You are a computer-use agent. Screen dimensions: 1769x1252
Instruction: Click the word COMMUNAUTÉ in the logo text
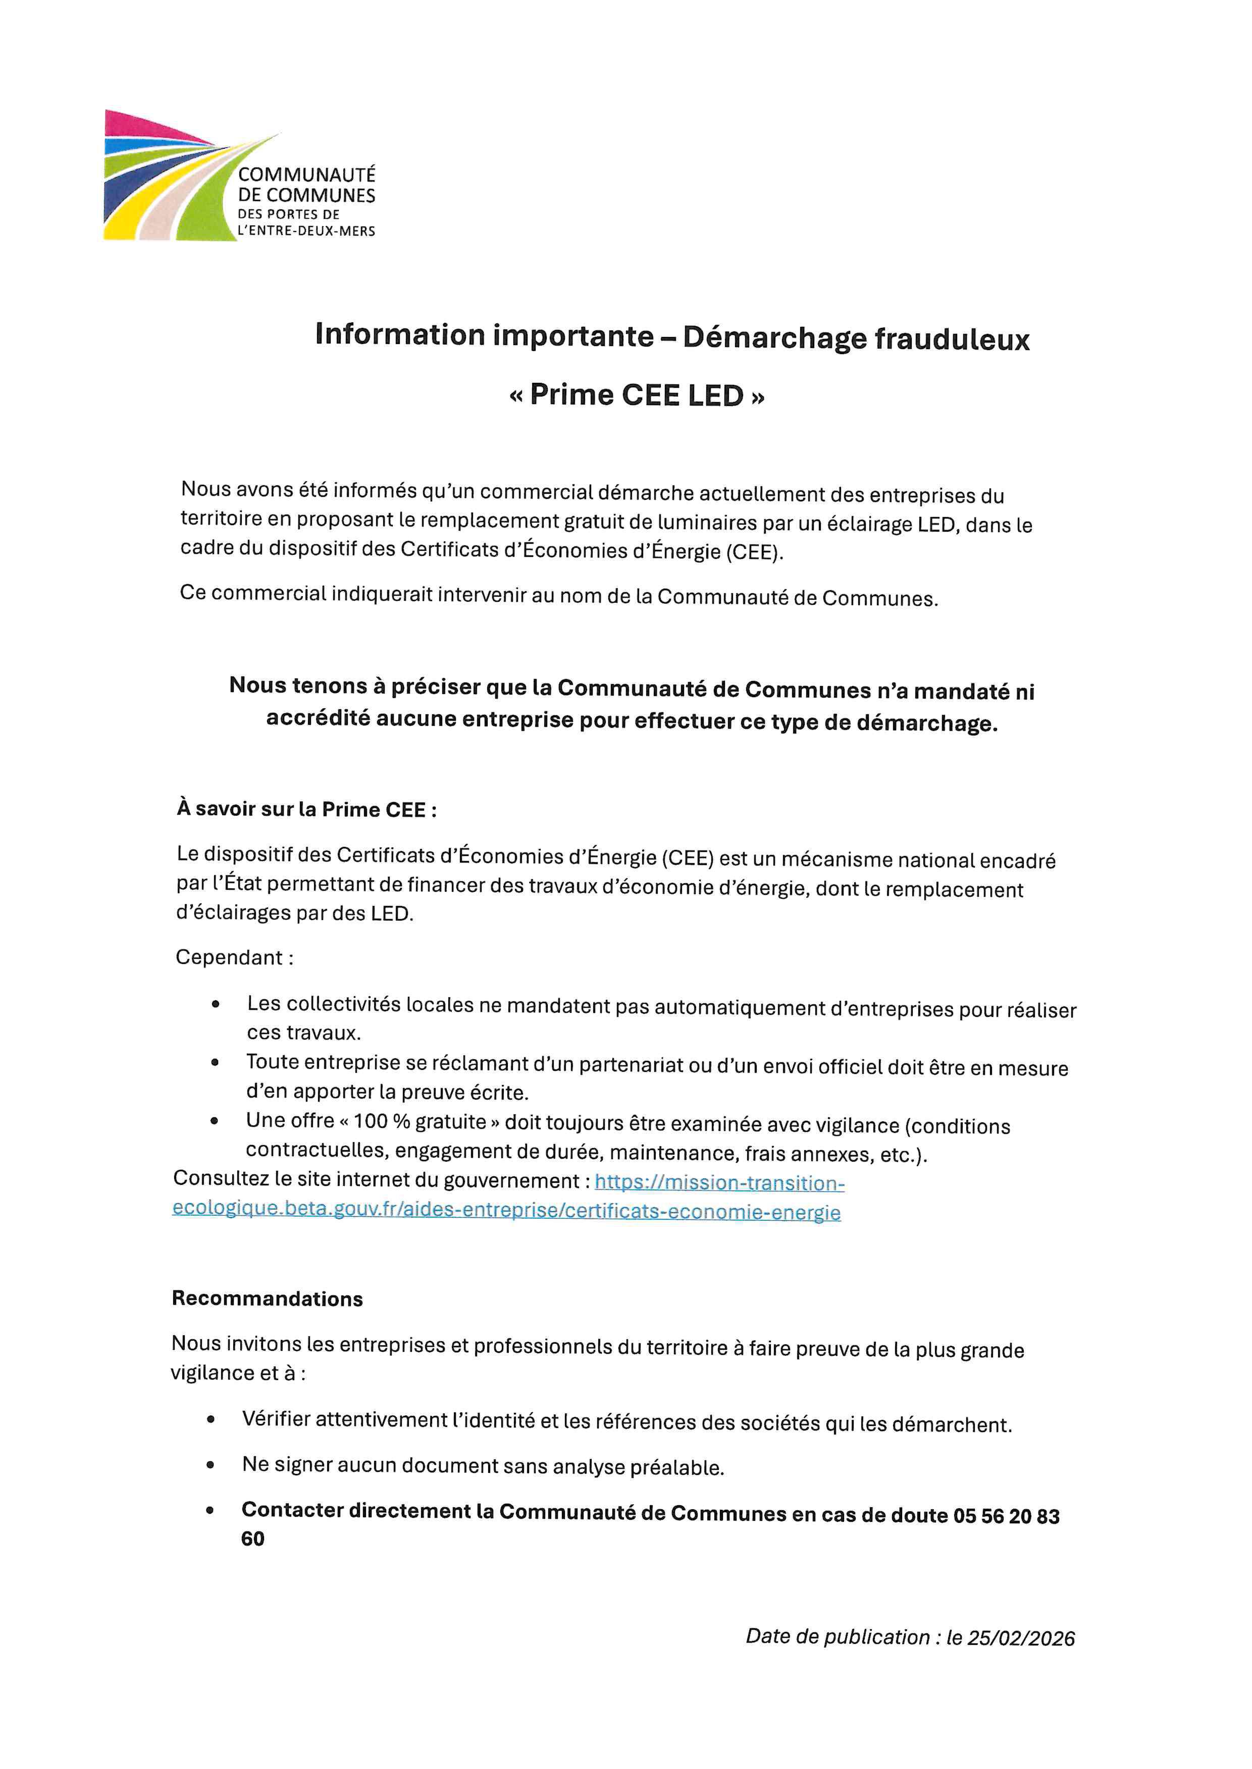pos(306,175)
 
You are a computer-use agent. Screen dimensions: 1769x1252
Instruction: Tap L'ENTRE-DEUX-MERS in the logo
pos(306,231)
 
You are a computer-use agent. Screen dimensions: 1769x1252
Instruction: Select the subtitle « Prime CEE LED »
pos(637,395)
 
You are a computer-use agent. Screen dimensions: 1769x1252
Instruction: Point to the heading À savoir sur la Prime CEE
pos(306,809)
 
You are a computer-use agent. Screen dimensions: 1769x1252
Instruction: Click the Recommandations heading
pos(267,1298)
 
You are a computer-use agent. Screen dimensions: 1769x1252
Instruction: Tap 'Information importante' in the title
pos(484,335)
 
